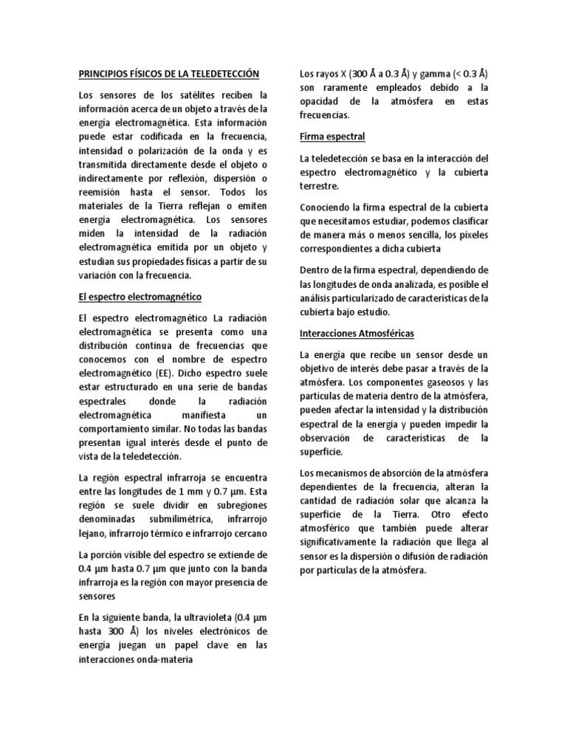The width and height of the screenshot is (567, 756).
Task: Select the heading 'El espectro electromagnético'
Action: tap(140, 296)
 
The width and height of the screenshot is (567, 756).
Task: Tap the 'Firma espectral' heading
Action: tap(331, 137)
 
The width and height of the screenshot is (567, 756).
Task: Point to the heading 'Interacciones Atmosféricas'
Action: tap(357, 333)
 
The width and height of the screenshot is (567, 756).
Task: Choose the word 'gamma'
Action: tap(437, 74)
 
